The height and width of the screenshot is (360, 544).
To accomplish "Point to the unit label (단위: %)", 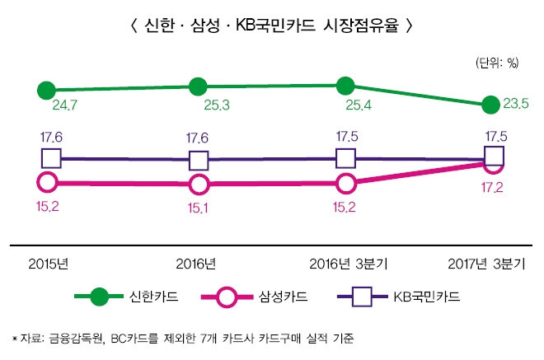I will [496, 63].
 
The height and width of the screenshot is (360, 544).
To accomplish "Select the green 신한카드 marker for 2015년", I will [47, 89].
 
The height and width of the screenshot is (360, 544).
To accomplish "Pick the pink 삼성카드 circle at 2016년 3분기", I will [346, 183].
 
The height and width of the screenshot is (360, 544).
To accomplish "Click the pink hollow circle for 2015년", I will [47, 183].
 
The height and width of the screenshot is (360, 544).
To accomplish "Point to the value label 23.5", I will [515, 103].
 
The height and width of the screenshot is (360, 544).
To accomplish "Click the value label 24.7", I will [65, 105].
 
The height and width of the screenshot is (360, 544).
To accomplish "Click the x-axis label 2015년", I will [47, 264].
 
